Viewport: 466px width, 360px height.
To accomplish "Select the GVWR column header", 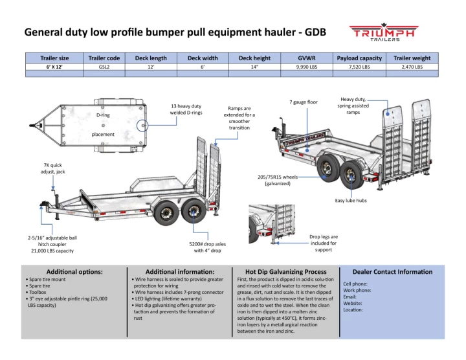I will (306, 58).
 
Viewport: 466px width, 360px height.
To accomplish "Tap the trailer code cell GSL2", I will (104, 67).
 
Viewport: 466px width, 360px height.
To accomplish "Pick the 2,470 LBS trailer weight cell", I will (412, 67).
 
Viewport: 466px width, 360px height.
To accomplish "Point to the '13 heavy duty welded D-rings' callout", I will (186, 109).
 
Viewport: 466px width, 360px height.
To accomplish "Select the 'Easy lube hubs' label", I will (351, 201).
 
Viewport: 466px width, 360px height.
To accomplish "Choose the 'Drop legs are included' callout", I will (324, 243).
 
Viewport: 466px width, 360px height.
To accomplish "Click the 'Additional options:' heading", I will (74, 272).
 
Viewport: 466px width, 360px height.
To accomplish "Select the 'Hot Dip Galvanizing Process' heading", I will (285, 272).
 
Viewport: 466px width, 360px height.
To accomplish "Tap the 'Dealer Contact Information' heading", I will (392, 272).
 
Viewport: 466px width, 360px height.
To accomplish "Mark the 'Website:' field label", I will (353, 303).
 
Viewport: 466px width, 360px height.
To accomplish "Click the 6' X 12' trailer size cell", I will (54, 67).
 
